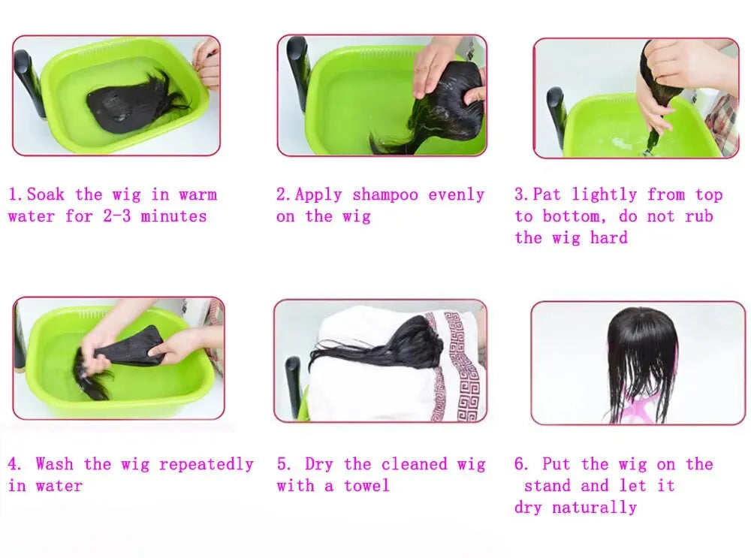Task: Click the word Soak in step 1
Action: (x=46, y=195)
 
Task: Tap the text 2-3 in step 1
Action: (x=116, y=216)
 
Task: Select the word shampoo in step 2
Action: (x=385, y=195)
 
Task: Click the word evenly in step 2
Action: (x=456, y=195)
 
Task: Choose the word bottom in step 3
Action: (x=570, y=216)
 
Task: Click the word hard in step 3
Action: (x=608, y=237)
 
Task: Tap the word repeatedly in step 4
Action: (x=206, y=465)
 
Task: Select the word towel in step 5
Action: (x=366, y=486)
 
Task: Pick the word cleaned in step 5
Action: (x=414, y=464)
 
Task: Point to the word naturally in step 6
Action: (x=594, y=508)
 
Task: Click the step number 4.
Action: (x=14, y=464)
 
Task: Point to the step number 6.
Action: (x=520, y=464)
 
